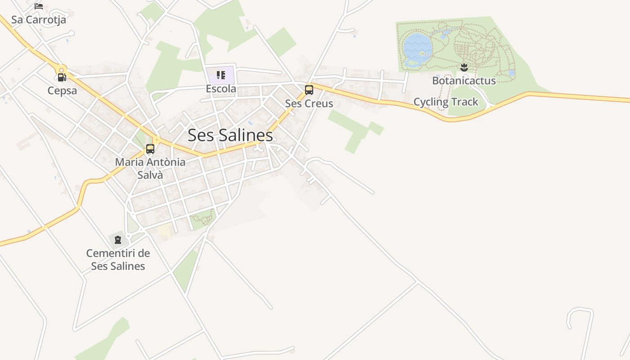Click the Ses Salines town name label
230,135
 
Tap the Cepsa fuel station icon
62,77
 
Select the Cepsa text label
62,91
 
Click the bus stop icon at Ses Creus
309,90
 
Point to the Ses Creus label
309,103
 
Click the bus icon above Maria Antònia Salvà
150,148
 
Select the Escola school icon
220,75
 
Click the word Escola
221,89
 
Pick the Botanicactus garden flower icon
464,67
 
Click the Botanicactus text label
464,81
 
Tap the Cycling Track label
445,102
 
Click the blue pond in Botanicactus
417,46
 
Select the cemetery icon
118,239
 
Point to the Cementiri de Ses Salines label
118,260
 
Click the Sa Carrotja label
39,20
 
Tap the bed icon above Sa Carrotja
39,6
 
